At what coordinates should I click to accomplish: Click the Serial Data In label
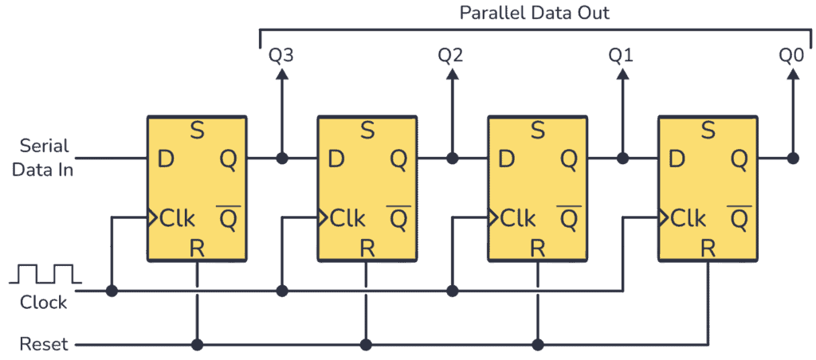45,157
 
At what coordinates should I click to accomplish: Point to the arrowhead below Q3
281,74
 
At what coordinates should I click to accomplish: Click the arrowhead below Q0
793,74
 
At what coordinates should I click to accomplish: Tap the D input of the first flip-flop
166,159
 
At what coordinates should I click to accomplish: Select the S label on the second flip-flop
367,129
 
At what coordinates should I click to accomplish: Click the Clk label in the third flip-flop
518,217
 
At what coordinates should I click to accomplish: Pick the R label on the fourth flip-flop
708,248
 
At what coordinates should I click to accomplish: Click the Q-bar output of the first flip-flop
227,217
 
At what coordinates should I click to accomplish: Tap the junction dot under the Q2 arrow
452,158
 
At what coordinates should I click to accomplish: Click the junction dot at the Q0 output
793,158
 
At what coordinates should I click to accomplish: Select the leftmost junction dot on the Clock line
112,292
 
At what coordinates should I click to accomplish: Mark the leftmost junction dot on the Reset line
196,345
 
